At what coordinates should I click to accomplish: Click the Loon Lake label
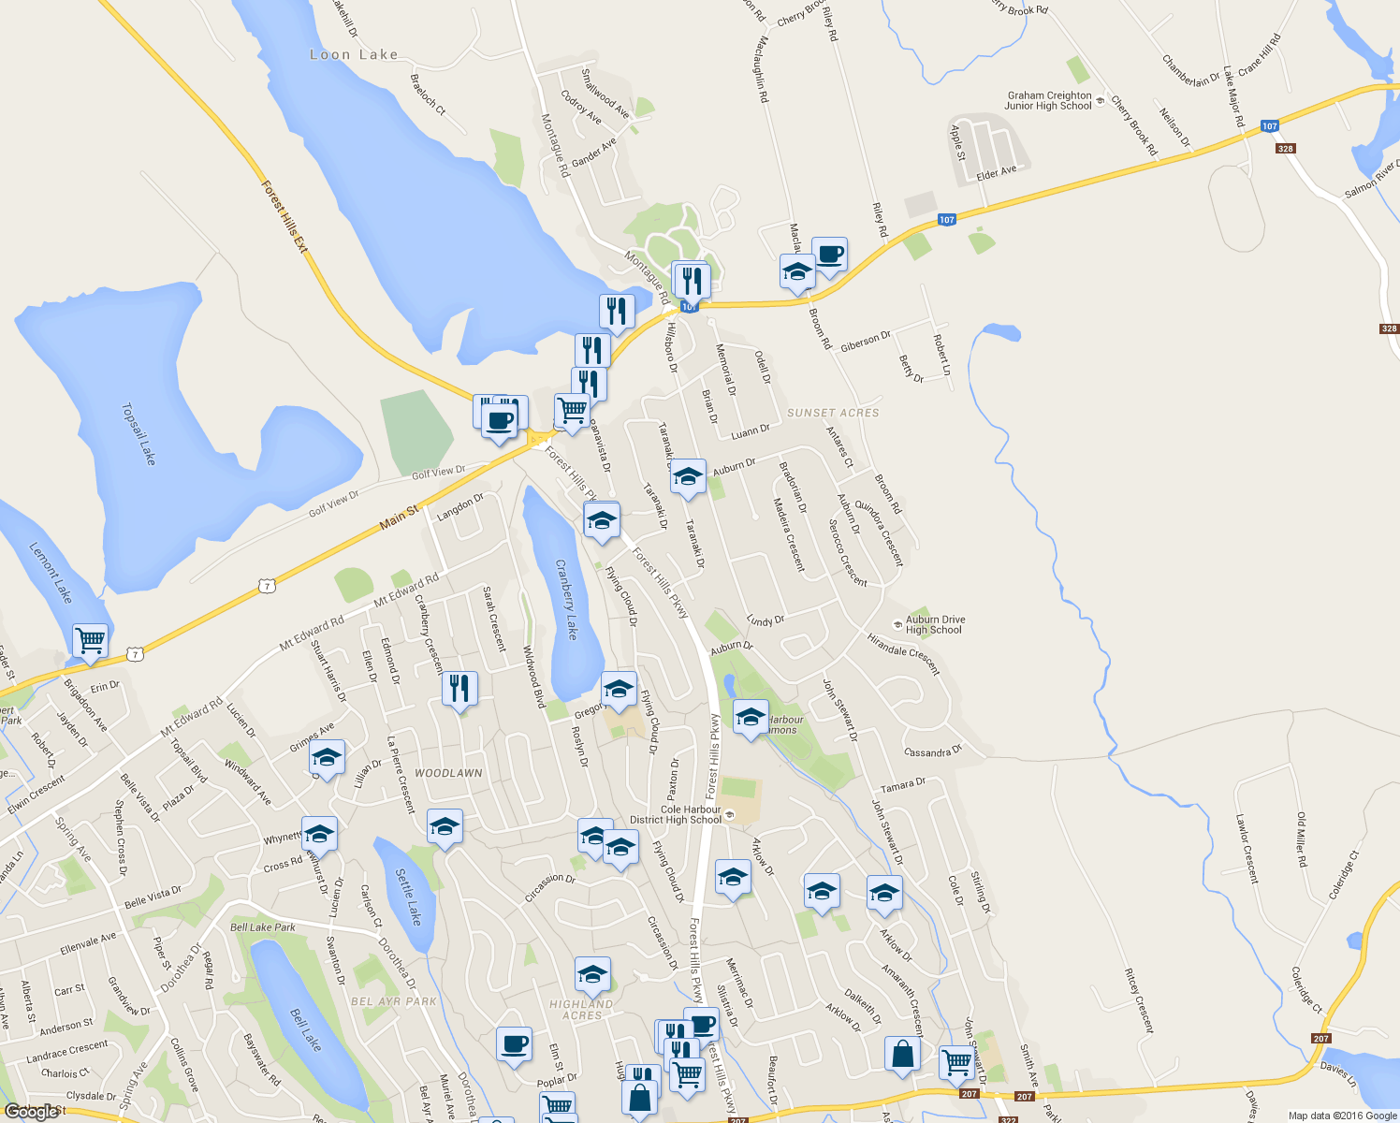coord(354,55)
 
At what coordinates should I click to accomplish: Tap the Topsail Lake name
coord(138,434)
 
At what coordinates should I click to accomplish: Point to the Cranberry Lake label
coord(567,599)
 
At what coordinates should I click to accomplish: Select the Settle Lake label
coord(409,897)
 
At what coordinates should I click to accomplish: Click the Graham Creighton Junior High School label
coord(1049,100)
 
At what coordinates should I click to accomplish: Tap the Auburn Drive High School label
coord(935,624)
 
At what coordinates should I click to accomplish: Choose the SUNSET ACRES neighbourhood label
coord(833,413)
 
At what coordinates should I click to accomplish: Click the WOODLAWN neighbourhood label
coord(448,773)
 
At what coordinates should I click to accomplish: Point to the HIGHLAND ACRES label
coord(581,1010)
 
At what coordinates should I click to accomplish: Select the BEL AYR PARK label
coord(394,1001)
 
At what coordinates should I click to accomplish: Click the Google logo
coord(31,1112)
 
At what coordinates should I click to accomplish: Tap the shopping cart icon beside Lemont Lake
coord(91,641)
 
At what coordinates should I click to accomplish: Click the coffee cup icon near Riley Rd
coord(829,254)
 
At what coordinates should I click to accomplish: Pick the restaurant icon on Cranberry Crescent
coord(459,689)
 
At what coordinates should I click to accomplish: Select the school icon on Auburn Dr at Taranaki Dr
coord(688,477)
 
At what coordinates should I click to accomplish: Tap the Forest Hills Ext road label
coord(284,216)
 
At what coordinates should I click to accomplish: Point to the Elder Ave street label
coord(996,172)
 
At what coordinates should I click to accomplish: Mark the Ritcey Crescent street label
coord(1139,999)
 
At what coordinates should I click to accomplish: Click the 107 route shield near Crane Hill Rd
coord(1269,126)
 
